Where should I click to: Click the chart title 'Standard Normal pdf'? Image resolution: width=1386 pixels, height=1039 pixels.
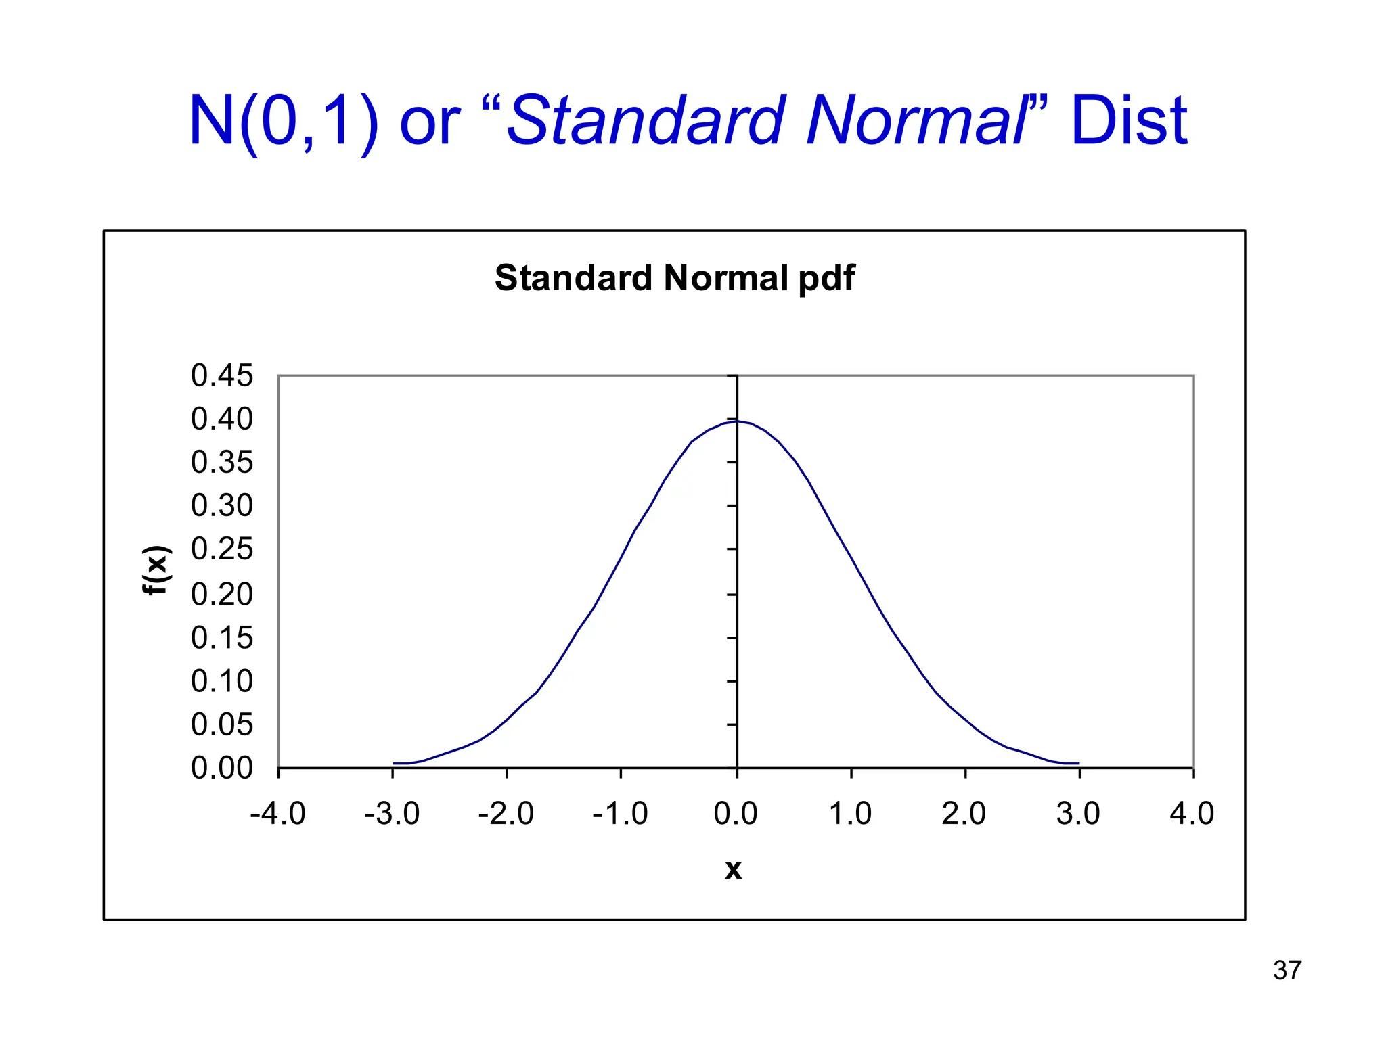pyautogui.click(x=675, y=278)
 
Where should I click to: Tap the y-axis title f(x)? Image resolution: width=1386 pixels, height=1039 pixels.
pyautogui.click(x=156, y=569)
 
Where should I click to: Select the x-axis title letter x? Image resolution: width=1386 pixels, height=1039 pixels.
pyautogui.click(x=733, y=869)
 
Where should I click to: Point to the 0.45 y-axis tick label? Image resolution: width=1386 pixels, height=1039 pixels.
pyautogui.click(x=222, y=375)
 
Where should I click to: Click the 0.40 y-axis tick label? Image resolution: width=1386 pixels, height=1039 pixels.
pyautogui.click(x=222, y=419)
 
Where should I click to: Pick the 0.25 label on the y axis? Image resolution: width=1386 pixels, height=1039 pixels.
pyautogui.click(x=222, y=549)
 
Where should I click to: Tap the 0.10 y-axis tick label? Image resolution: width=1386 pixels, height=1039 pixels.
pyautogui.click(x=222, y=681)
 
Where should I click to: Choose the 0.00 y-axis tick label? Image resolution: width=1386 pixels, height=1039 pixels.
pyautogui.click(x=222, y=768)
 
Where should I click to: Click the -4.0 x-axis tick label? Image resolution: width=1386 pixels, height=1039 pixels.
pyautogui.click(x=277, y=813)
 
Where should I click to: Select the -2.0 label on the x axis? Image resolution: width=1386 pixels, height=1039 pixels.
pyautogui.click(x=506, y=813)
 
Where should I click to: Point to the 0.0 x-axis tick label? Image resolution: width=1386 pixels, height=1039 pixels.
pyautogui.click(x=736, y=813)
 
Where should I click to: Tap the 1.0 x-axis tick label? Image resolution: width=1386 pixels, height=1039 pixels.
pyautogui.click(x=850, y=813)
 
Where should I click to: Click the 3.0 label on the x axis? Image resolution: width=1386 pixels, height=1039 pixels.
pyautogui.click(x=1078, y=813)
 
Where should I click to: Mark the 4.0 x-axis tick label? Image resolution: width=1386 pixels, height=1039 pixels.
pyautogui.click(x=1192, y=813)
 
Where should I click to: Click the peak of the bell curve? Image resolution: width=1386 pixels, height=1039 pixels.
pyautogui.click(x=737, y=421)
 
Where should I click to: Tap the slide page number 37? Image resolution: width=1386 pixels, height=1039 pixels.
pyautogui.click(x=1287, y=971)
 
